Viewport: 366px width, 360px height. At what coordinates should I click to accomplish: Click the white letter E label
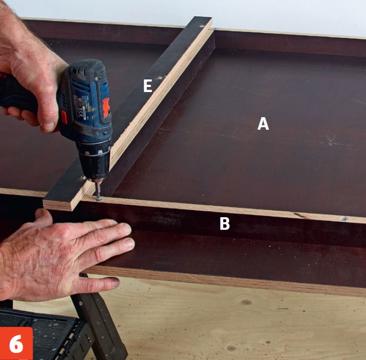point(147,85)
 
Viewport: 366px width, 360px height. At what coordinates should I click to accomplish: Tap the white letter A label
point(263,124)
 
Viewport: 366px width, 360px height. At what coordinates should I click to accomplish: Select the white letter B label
point(225,223)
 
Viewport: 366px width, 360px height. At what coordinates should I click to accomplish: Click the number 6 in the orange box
point(16,343)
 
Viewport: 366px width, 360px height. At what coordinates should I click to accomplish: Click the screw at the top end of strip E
point(202,26)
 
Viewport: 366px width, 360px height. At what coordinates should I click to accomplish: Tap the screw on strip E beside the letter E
point(160,78)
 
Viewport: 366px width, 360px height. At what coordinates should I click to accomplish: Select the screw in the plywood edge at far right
point(344,219)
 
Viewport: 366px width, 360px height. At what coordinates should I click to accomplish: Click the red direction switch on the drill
point(106,107)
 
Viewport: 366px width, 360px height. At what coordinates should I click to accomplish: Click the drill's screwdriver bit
point(98,190)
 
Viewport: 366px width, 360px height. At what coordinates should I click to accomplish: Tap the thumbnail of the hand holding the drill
point(48,127)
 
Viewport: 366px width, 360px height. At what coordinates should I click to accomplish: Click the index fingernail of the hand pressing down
point(127,228)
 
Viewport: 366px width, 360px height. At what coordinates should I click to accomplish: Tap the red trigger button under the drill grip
point(64,117)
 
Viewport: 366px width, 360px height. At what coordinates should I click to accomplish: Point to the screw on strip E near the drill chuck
point(83,178)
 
